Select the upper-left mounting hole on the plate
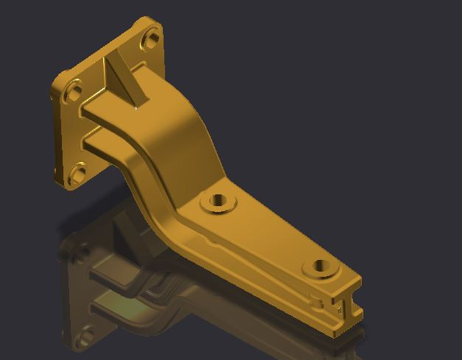click(x=74, y=92)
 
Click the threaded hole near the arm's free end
click(x=321, y=266)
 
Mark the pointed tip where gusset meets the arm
click(x=139, y=107)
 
